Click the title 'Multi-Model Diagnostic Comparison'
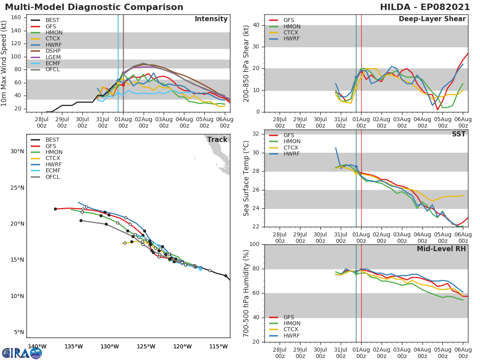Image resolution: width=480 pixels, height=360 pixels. point(94,7)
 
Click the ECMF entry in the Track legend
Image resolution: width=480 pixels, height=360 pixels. point(53,171)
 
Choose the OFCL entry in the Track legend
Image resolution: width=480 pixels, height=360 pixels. point(53,177)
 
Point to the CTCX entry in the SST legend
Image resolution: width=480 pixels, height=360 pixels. point(292,148)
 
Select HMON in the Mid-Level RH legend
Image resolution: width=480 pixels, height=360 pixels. point(292,323)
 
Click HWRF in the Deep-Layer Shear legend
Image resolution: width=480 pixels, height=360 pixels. point(292,39)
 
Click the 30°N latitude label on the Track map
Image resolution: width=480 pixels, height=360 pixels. point(17,151)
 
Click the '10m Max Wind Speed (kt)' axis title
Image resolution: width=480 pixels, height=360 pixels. point(4,63)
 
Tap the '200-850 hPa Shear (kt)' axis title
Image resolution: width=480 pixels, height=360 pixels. point(246,63)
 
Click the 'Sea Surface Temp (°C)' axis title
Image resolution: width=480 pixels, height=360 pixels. point(246,178)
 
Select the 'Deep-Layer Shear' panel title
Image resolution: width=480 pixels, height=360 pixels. point(432,19)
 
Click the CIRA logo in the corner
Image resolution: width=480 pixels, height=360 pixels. point(22,353)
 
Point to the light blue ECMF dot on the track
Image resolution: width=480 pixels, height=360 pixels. point(200,268)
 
